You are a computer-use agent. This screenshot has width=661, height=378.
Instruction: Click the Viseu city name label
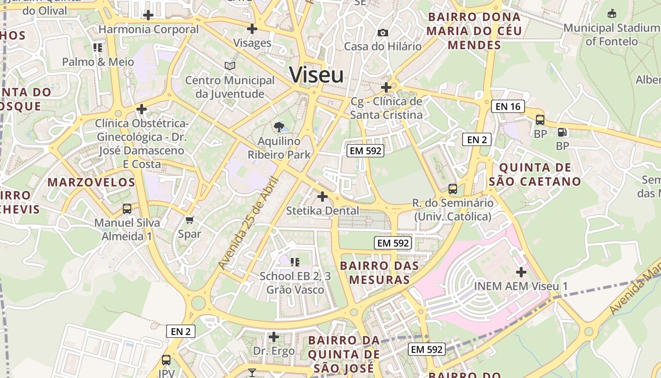(316, 75)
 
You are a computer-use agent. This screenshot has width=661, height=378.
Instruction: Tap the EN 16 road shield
(508, 106)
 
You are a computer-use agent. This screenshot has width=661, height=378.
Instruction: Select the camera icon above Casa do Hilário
(383, 33)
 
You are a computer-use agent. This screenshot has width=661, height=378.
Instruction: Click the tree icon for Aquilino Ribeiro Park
(279, 126)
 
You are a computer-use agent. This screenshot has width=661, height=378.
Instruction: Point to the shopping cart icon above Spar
(190, 219)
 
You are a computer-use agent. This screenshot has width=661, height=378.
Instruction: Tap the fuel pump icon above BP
(562, 133)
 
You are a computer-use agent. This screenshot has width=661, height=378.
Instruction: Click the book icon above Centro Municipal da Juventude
(230, 66)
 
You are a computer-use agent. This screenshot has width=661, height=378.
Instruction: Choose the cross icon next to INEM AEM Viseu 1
(521, 272)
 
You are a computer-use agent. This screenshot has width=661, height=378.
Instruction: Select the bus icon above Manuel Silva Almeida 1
(127, 208)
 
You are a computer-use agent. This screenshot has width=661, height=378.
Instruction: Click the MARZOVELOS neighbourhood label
(92, 182)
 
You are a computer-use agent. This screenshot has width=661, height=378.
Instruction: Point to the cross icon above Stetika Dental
(322, 196)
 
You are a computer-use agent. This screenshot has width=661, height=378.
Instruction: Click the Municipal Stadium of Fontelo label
(612, 34)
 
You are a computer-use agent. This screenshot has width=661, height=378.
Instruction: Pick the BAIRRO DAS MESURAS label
(380, 273)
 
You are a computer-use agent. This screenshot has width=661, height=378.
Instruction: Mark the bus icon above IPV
(166, 360)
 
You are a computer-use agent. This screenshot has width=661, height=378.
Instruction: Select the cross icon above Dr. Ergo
(274, 337)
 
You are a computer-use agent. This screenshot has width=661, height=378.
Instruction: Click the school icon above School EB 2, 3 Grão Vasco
(295, 262)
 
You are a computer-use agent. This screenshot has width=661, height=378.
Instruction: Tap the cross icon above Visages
(252, 29)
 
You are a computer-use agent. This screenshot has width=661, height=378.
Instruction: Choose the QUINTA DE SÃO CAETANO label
(535, 174)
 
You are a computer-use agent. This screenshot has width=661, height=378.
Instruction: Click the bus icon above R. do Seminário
(453, 189)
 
